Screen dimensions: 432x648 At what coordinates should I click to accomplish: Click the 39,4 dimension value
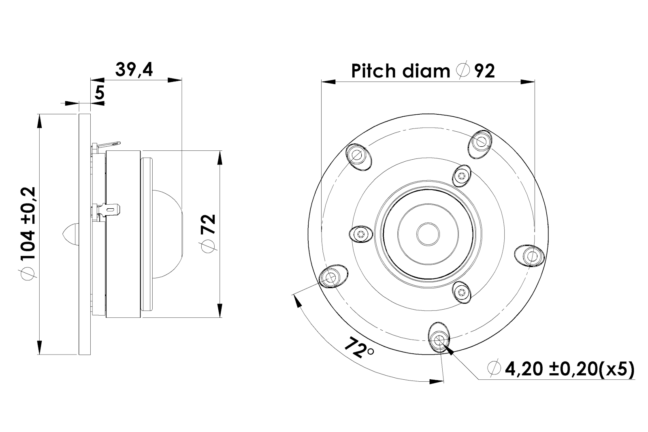134,70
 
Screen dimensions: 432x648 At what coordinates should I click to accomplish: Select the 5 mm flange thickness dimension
99,93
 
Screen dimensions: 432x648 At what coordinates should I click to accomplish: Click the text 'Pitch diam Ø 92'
423,71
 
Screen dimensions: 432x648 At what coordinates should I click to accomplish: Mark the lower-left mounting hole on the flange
331,278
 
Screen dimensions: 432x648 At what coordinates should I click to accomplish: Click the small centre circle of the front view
428,234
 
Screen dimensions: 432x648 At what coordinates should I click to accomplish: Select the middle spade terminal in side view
111,211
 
